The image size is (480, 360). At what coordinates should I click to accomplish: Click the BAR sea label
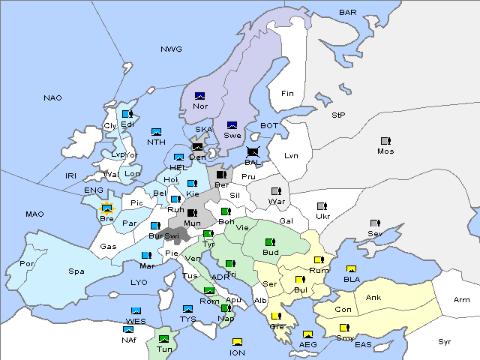[x=348, y=12]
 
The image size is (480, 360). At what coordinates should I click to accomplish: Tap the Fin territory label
[x=286, y=94]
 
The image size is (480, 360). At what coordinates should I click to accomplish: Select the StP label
[x=338, y=115]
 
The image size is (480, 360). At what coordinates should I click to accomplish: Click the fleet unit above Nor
[x=200, y=96]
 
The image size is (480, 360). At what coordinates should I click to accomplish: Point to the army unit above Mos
[x=385, y=141]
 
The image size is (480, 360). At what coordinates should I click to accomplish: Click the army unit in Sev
[x=375, y=223]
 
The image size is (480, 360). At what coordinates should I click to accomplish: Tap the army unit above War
[x=275, y=190]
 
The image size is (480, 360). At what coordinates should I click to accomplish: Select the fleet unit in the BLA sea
[x=351, y=269]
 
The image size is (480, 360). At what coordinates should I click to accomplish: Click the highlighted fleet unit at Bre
[x=106, y=208]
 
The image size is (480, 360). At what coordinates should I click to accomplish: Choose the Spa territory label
[x=76, y=271]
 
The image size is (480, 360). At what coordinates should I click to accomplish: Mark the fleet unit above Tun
[x=163, y=339]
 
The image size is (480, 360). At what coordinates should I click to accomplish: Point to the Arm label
[x=462, y=300]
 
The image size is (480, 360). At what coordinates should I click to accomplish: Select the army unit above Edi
[x=127, y=114]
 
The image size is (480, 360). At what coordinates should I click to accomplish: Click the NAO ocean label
[x=52, y=97]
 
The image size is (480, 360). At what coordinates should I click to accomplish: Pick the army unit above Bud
[x=270, y=242]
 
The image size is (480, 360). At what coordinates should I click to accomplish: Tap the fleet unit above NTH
[x=156, y=132]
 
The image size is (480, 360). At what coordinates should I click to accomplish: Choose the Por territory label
[x=27, y=264]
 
